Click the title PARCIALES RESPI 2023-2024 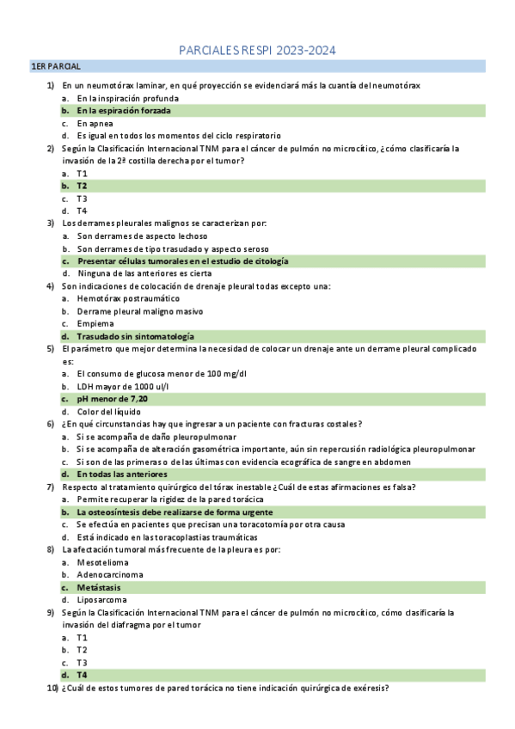pyautogui.click(x=257, y=51)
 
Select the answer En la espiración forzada pyautogui.click(x=124, y=111)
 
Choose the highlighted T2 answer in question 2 pyautogui.click(x=82, y=186)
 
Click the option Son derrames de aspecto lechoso pyautogui.click(x=142, y=236)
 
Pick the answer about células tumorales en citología pyautogui.click(x=182, y=260)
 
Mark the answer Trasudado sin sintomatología pyautogui.click(x=135, y=336)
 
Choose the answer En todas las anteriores pyautogui.click(x=121, y=474)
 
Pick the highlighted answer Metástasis pyautogui.click(x=100, y=587)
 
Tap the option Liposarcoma pyautogui.click(x=102, y=600)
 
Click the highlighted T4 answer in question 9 pyautogui.click(x=82, y=676)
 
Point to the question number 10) pyautogui.click(x=52, y=689)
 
